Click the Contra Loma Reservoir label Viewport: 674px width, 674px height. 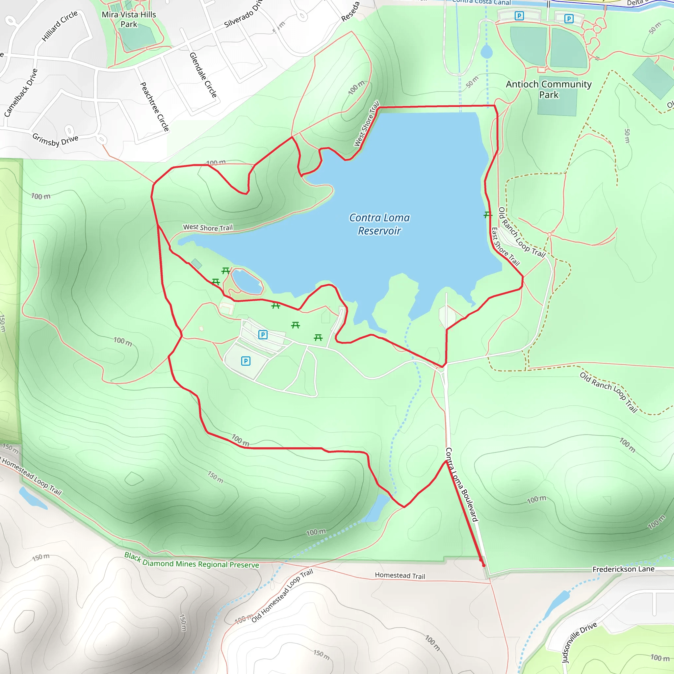(379, 224)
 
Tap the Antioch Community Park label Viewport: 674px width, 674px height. (548, 89)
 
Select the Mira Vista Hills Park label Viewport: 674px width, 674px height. (129, 19)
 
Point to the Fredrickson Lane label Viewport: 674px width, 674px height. (623, 569)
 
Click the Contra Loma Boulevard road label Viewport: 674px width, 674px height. (461, 484)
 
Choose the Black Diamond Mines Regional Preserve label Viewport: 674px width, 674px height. (192, 560)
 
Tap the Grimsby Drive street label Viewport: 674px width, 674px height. (55, 140)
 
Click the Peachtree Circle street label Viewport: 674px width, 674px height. (155, 106)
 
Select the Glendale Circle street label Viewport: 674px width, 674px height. (203, 75)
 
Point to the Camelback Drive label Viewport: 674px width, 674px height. (21, 92)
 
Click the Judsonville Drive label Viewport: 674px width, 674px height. (579, 642)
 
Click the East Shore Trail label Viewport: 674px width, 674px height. (505, 246)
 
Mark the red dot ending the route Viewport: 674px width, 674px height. (483, 565)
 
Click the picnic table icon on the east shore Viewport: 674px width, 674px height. (488, 215)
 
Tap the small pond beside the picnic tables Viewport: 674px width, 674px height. (246, 281)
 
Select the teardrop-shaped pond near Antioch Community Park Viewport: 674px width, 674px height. (486, 52)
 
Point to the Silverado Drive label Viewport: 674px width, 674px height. (243, 14)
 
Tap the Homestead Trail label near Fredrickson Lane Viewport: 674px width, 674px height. (400, 576)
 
